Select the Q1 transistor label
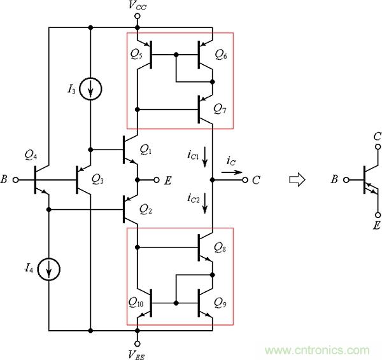coord(146,150)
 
